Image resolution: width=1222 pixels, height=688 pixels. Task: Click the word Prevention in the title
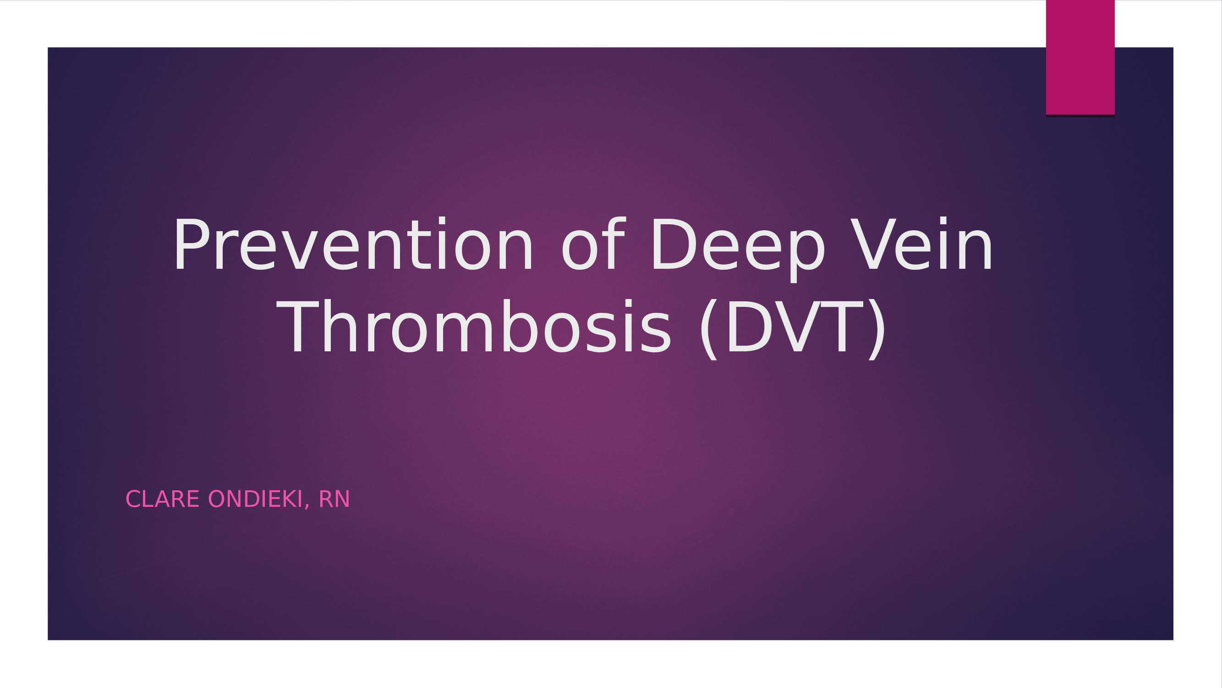353,244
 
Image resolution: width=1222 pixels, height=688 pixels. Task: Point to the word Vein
921,244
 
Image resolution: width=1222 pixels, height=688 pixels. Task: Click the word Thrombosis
474,327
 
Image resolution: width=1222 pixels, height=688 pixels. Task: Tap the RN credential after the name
334,499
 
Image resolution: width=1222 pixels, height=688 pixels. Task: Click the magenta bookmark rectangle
1080,57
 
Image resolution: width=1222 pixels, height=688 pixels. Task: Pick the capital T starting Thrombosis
299,327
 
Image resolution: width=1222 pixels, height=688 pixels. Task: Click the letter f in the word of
614,244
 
